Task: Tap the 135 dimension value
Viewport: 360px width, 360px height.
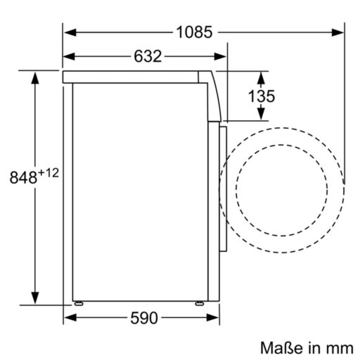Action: point(261,96)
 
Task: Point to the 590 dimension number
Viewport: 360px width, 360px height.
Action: point(144,319)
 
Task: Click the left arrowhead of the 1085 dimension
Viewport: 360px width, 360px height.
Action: point(68,31)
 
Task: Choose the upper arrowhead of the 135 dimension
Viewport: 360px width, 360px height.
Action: point(261,75)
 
